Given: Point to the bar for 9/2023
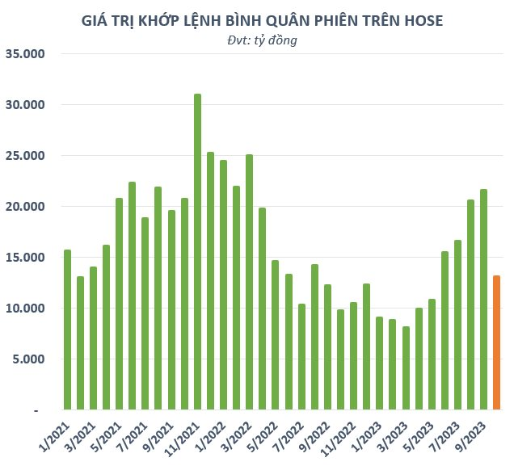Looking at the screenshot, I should [x=484, y=300].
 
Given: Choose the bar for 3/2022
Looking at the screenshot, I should [x=249, y=282].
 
